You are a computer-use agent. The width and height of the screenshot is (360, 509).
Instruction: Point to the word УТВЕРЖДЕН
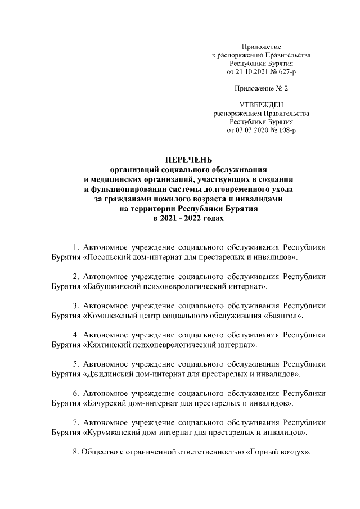261,105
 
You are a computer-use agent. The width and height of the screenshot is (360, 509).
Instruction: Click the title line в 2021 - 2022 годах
188,218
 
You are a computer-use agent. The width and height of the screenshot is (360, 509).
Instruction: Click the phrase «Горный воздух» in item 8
279,452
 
